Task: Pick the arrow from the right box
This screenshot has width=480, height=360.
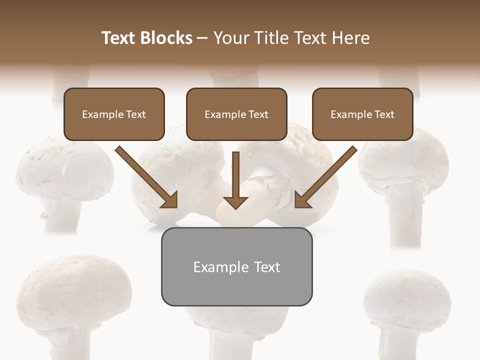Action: [328, 175]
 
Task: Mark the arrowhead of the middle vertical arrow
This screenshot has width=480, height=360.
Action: [235, 202]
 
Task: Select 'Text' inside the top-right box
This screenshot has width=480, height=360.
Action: [384, 114]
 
